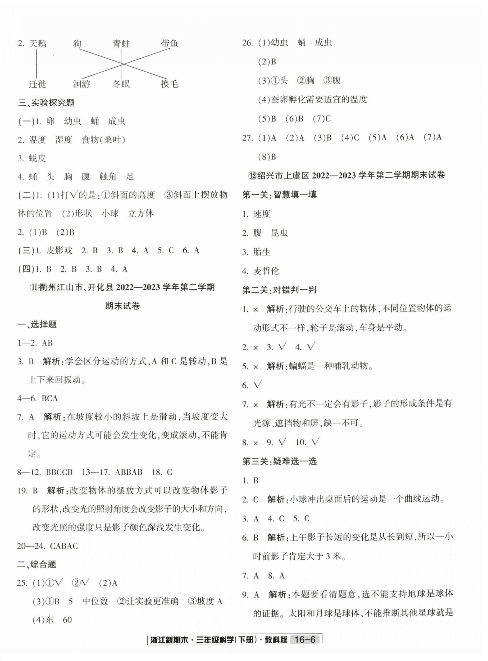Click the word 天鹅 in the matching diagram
(38, 44)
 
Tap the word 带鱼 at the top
(170, 43)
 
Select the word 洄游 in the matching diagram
(81, 84)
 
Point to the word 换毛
(170, 84)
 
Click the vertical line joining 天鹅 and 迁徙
(37, 64)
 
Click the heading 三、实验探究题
(46, 103)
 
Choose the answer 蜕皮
(38, 158)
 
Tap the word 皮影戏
(59, 250)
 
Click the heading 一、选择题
(37, 325)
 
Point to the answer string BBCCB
(59, 472)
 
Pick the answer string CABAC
(64, 546)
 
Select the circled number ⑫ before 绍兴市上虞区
(253, 175)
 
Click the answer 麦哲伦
(266, 271)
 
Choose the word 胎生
(262, 252)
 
